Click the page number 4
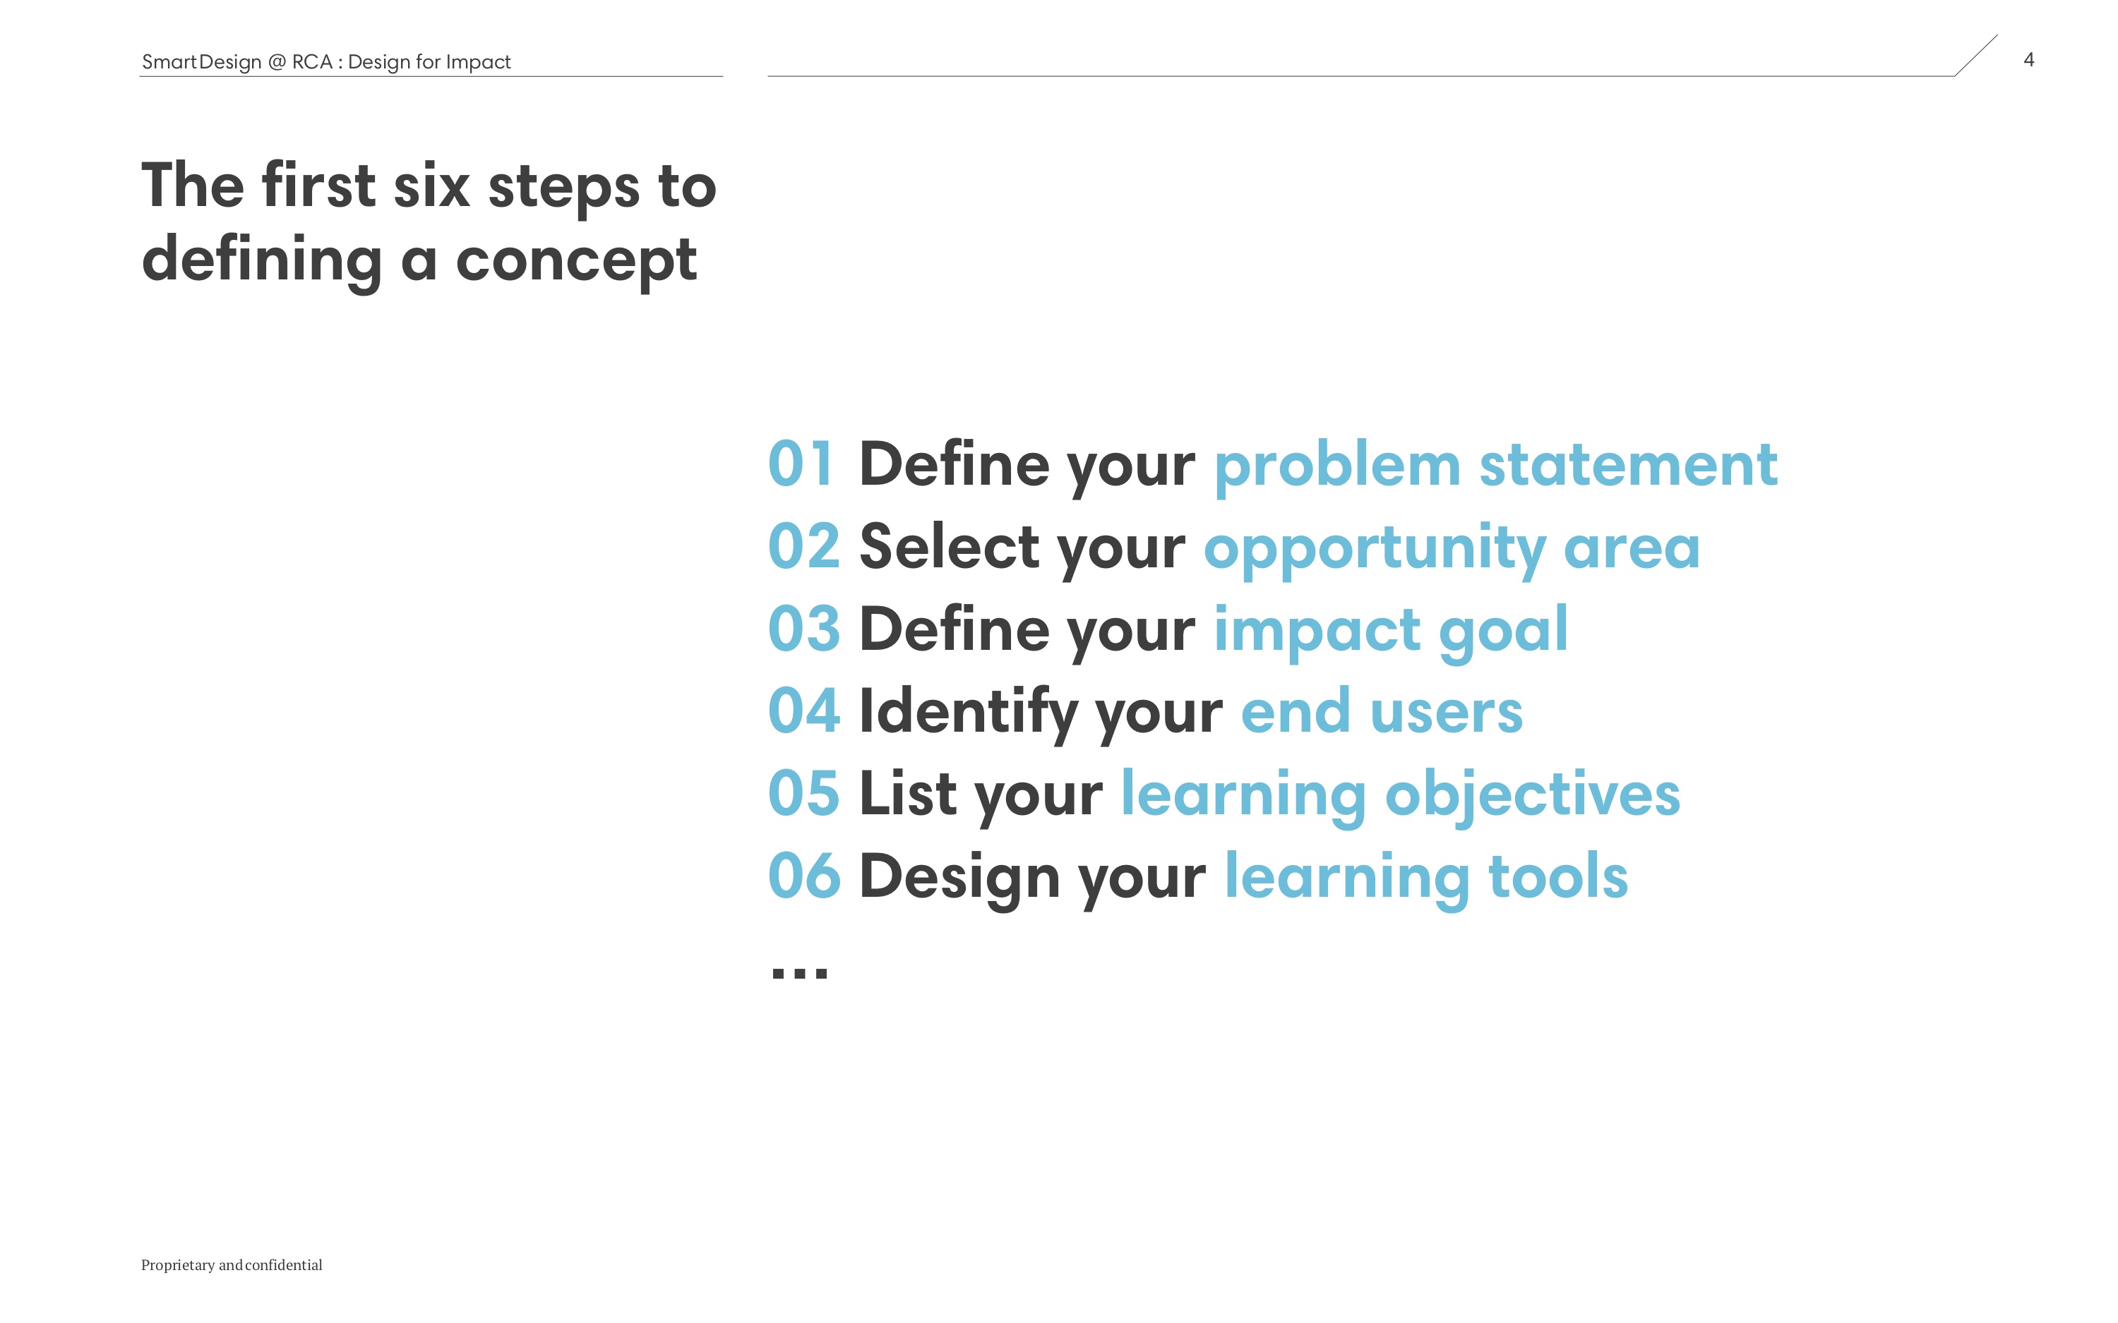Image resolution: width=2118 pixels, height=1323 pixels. pyautogui.click(x=2028, y=59)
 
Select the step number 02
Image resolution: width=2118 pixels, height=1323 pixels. pyautogui.click(x=803, y=546)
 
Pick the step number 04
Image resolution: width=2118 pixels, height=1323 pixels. pyautogui.click(x=803, y=710)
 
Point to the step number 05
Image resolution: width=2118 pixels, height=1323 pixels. pyautogui.click(x=803, y=793)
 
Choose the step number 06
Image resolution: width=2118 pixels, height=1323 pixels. pyautogui.click(x=803, y=875)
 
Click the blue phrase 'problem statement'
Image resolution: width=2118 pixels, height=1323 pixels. pyautogui.click(x=1496, y=467)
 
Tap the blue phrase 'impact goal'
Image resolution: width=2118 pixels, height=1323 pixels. pyautogui.click(x=1391, y=632)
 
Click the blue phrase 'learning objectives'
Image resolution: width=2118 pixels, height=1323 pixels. pyautogui.click(x=1400, y=796)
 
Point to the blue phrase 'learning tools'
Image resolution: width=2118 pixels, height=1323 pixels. pyautogui.click(x=1425, y=878)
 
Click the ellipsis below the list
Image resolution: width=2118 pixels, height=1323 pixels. pyautogui.click(x=799, y=972)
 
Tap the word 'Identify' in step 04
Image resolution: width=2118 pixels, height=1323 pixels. pyautogui.click(x=968, y=714)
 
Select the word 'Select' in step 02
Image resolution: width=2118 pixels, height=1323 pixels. pyautogui.click(x=950, y=546)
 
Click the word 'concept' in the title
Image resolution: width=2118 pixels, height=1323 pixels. pyautogui.click(x=576, y=263)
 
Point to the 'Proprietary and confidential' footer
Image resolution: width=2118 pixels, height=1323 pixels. pyautogui.click(x=232, y=1265)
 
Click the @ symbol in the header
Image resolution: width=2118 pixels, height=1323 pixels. pyautogui.click(x=277, y=62)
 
